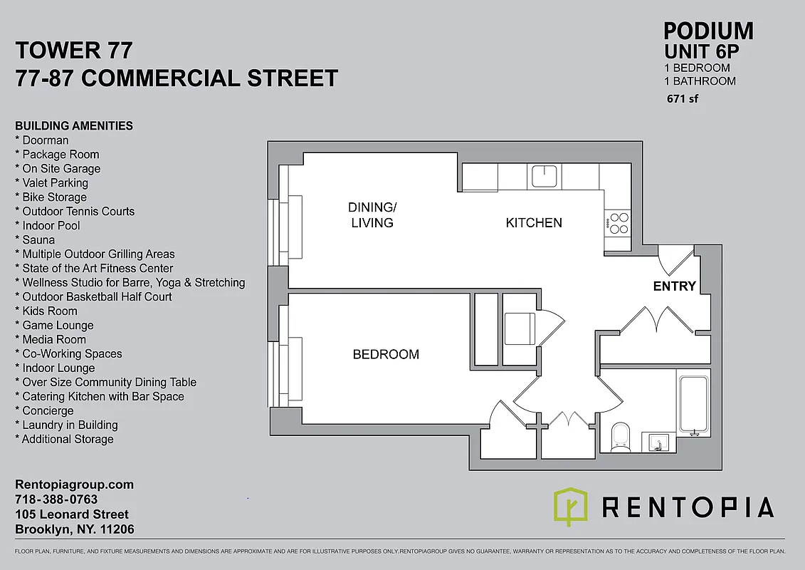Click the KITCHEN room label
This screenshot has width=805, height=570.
(x=534, y=223)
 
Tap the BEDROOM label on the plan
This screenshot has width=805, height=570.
(x=386, y=354)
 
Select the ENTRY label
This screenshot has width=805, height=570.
(x=674, y=286)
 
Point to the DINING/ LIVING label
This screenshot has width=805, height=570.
(x=372, y=215)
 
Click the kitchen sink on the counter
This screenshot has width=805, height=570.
(x=544, y=175)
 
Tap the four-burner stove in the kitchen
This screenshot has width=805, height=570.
(x=616, y=224)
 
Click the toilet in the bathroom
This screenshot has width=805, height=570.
(x=621, y=436)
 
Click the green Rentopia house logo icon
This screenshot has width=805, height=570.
(x=570, y=507)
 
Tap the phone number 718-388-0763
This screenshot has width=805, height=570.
(x=56, y=499)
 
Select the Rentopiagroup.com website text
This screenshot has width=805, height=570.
(x=74, y=484)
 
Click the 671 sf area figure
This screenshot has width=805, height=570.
(x=683, y=99)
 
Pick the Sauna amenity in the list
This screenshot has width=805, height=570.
(x=38, y=240)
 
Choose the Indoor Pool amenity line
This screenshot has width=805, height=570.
(x=51, y=226)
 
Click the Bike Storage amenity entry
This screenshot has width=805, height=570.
(x=54, y=197)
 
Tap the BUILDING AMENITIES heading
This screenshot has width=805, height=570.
(x=74, y=126)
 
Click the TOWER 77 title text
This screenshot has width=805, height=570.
(x=73, y=51)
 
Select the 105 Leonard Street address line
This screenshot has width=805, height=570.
(x=72, y=514)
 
